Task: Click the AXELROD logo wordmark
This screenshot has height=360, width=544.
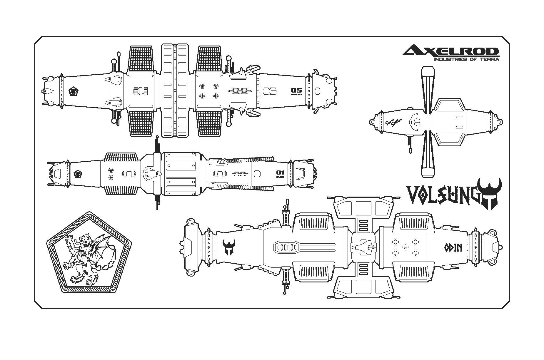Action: click(x=450, y=51)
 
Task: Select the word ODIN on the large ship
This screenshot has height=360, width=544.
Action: click(x=453, y=248)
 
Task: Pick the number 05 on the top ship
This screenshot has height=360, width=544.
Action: click(x=296, y=90)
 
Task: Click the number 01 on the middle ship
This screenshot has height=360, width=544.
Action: click(x=280, y=173)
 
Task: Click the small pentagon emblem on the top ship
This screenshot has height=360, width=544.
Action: click(x=73, y=91)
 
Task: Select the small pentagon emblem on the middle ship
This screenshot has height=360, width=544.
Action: click(x=78, y=174)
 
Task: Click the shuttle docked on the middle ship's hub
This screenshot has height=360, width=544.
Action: click(x=152, y=173)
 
